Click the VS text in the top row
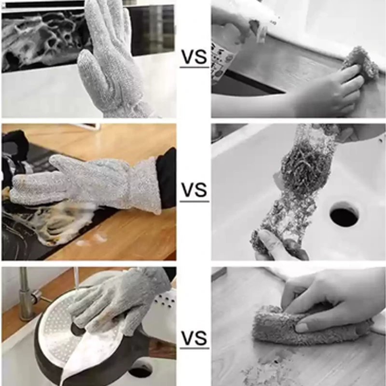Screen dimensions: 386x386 194,57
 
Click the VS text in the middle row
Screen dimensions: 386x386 194,190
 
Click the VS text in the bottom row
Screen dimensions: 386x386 194,337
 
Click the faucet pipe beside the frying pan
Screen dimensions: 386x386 25,294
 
